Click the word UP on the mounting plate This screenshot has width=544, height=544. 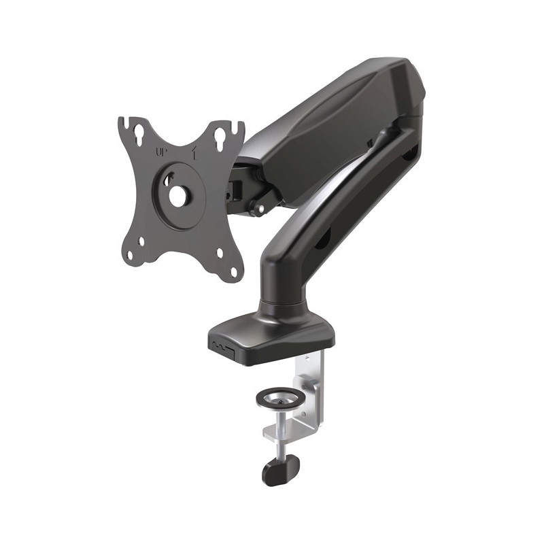(x=161, y=152)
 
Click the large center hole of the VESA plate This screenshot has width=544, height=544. (x=178, y=196)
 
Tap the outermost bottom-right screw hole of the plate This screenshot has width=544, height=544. (x=233, y=271)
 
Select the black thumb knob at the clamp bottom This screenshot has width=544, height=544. (x=281, y=469)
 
